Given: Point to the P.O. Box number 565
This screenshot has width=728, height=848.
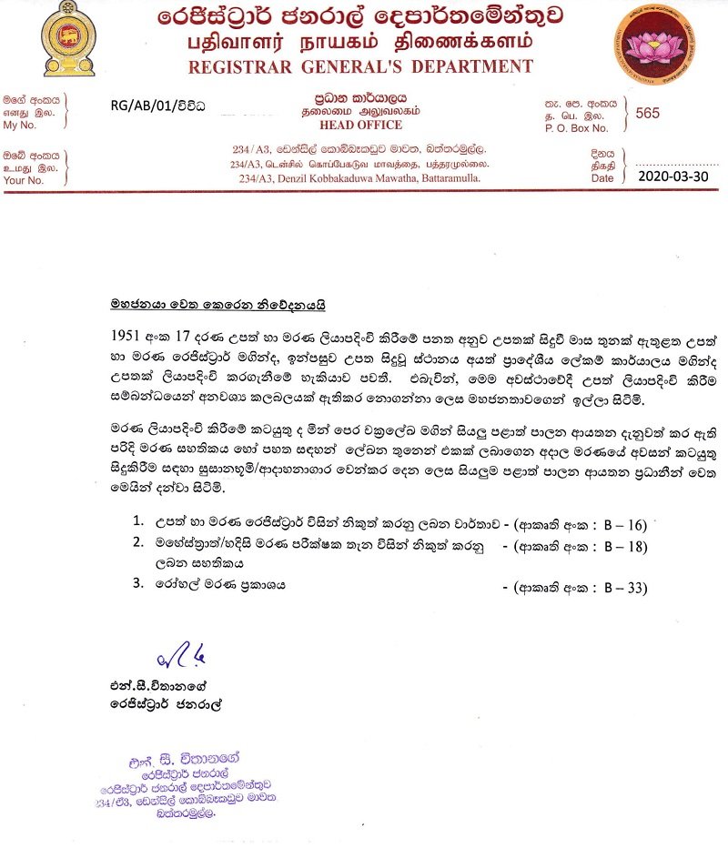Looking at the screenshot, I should tap(650, 113).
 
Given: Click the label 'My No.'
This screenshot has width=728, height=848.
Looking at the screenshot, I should tap(23, 126).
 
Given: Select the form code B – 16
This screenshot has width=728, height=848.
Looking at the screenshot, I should tap(625, 524).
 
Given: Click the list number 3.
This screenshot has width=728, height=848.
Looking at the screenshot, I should tap(137, 585).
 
